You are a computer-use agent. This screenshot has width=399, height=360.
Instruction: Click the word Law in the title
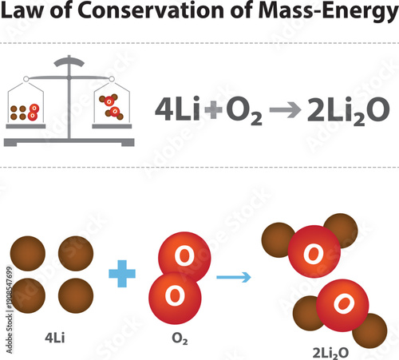(23, 16)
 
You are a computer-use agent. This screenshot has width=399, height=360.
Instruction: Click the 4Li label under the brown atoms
(53, 337)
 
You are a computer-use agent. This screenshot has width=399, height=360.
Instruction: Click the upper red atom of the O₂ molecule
(185, 255)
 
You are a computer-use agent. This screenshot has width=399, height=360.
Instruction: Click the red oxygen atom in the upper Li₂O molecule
(315, 253)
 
